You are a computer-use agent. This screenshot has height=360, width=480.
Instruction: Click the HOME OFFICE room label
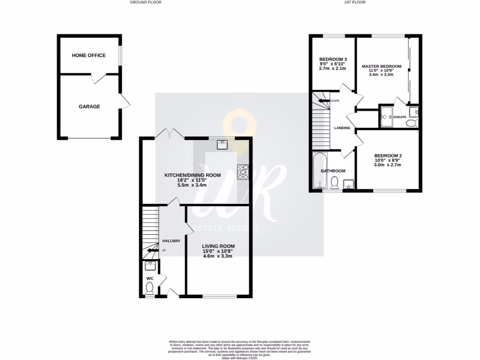point(89,55)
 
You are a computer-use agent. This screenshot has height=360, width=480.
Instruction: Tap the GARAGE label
point(89,106)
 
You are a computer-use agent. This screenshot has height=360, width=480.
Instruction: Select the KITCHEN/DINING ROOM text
point(185,175)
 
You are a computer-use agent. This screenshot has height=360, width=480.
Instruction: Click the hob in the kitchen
point(244,172)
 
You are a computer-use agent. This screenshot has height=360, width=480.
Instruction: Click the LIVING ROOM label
point(218,246)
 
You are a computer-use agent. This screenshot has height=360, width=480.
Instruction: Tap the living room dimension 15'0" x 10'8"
point(218,251)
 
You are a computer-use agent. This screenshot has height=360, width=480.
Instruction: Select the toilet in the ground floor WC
point(150,292)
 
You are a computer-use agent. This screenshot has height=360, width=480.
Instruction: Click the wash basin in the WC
point(150,266)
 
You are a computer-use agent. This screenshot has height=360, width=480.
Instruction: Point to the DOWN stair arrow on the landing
point(322,100)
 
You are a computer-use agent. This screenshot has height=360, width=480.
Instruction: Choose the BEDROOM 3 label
point(330,59)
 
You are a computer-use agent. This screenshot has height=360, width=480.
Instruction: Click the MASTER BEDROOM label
point(381,67)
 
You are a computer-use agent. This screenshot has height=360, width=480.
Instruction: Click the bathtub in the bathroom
point(319,171)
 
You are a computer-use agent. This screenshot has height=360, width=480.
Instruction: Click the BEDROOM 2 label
point(388,156)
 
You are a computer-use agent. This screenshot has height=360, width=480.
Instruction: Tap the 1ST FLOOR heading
point(354,2)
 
